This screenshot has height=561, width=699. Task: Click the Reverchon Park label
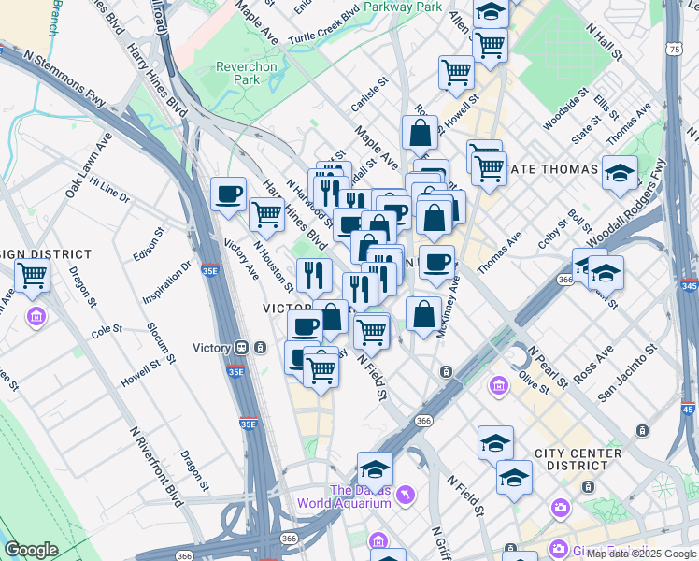coord(246,73)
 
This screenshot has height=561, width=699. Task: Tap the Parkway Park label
coord(404,7)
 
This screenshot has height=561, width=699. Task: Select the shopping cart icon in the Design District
coord(33,275)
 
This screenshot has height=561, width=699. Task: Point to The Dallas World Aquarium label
coord(344,496)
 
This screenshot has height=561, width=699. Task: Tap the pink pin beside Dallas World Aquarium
coord(405,493)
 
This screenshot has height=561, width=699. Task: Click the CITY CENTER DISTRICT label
coord(578,460)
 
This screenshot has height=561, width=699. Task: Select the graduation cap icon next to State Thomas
coord(620,172)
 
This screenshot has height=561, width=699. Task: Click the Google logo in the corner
coord(31,550)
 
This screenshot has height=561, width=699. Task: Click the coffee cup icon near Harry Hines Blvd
coord(229,194)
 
